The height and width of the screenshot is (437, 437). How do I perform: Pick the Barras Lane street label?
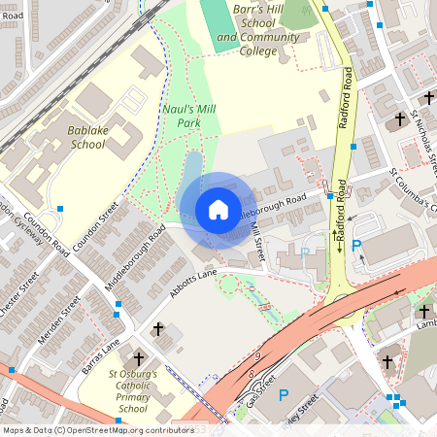100,353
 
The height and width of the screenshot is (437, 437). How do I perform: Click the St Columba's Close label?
414,190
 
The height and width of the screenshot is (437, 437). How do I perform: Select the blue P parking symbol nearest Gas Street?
284,395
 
